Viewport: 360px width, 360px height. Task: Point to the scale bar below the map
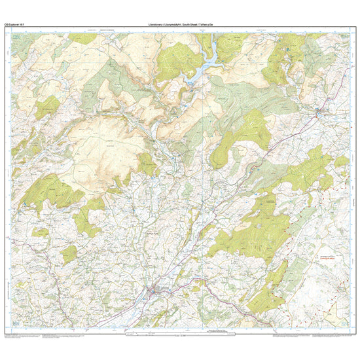pyautogui.click(x=180, y=335)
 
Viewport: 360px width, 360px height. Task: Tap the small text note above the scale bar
pyautogui.click(x=180, y=331)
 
